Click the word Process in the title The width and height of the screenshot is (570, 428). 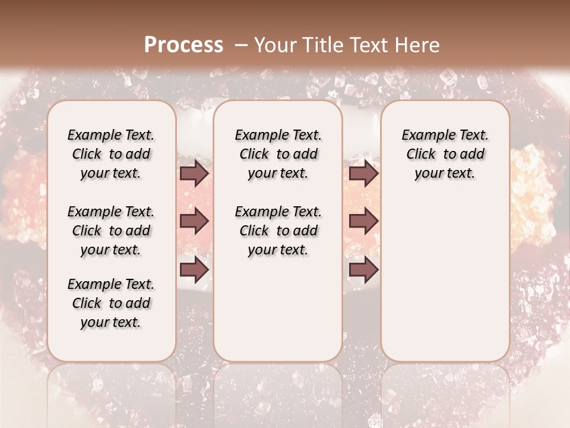(183, 45)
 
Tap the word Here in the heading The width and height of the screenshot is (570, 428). (416, 45)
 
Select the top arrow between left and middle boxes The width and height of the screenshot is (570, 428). (194, 174)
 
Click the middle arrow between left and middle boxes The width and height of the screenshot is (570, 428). (194, 222)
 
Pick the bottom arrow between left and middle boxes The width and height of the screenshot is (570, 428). (194, 270)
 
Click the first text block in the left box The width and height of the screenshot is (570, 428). (111, 154)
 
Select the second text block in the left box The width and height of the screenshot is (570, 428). (111, 231)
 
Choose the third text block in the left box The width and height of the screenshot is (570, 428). (111, 303)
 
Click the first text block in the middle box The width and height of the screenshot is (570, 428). (278, 154)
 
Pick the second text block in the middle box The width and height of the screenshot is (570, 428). (278, 231)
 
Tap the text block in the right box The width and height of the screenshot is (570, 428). (445, 154)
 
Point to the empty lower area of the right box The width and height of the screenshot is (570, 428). (445, 279)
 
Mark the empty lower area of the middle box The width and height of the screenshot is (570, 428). (278, 309)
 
